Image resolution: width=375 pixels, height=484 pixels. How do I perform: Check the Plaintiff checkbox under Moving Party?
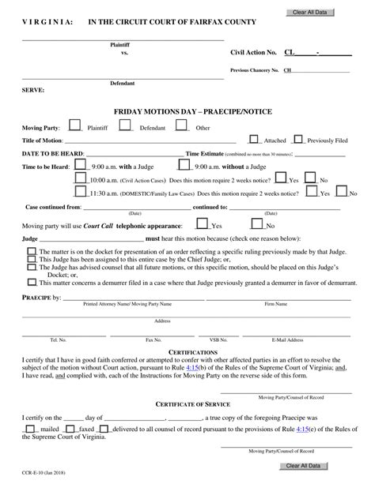click(74, 125)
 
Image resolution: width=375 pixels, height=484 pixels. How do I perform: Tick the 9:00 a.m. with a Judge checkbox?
click(81, 166)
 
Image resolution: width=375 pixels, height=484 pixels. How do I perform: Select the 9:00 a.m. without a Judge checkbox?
click(184, 166)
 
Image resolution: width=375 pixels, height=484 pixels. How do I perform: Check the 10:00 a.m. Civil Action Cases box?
click(81, 179)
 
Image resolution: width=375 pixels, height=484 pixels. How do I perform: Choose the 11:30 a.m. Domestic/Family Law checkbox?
click(81, 192)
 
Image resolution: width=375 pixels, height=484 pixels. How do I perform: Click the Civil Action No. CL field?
click(316, 52)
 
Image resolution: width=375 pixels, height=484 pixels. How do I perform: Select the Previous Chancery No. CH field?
click(316, 70)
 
